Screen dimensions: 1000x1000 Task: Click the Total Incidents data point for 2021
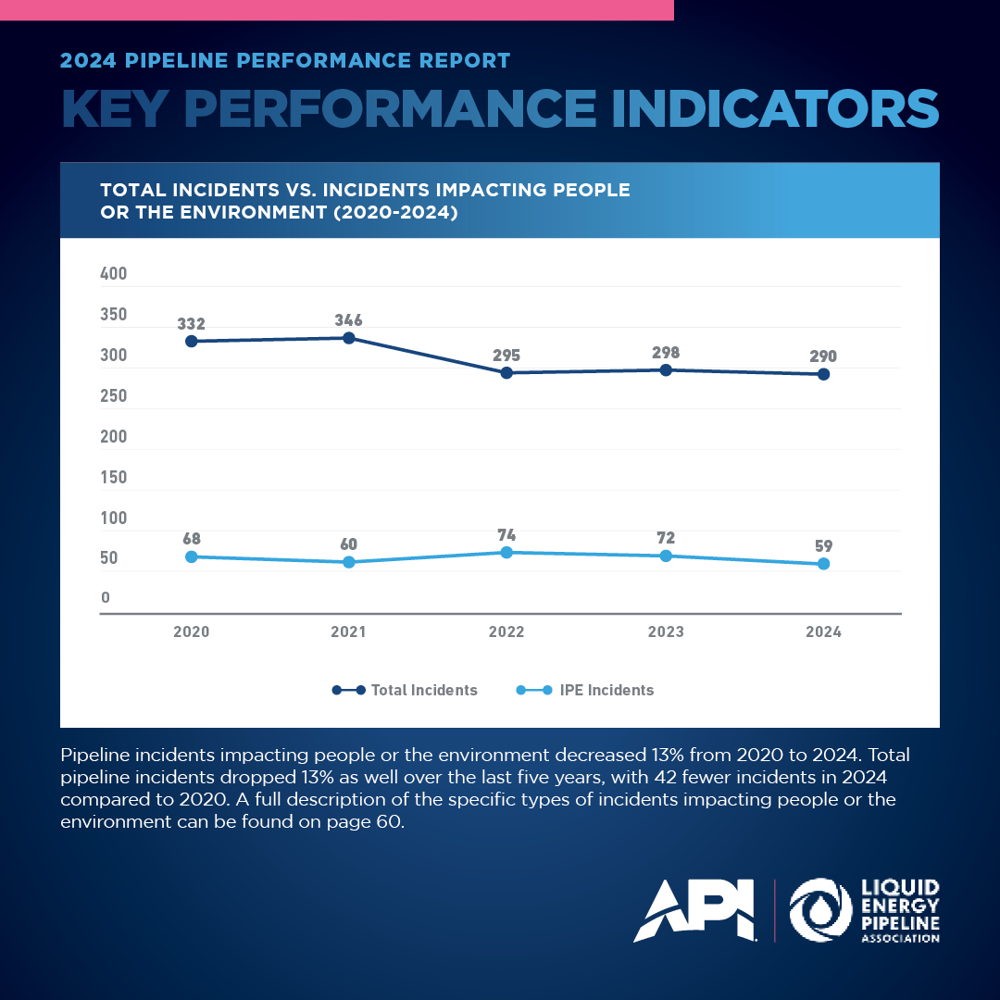[x=349, y=338]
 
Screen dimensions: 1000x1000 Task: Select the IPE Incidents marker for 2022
[x=506, y=552]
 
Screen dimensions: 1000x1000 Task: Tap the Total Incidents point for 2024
[x=823, y=374]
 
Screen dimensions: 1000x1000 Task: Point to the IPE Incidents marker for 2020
[x=192, y=556]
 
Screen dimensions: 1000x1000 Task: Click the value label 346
[x=349, y=320]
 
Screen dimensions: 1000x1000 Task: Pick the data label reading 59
[x=823, y=546]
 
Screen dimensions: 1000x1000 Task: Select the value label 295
[x=506, y=356]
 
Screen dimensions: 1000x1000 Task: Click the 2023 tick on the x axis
[x=666, y=632]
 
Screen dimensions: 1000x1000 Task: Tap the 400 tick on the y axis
[x=114, y=273]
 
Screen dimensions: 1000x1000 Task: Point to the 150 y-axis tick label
[x=114, y=477]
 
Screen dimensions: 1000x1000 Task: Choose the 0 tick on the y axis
[x=106, y=597]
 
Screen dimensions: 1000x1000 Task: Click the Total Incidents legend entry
[x=405, y=690]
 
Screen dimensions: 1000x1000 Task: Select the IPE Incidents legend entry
[x=585, y=690]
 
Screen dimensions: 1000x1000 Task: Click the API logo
[x=694, y=910]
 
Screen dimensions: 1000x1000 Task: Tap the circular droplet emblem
[x=820, y=910]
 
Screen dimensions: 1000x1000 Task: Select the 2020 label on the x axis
[x=192, y=632]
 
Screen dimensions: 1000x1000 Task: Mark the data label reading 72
[x=666, y=538]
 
